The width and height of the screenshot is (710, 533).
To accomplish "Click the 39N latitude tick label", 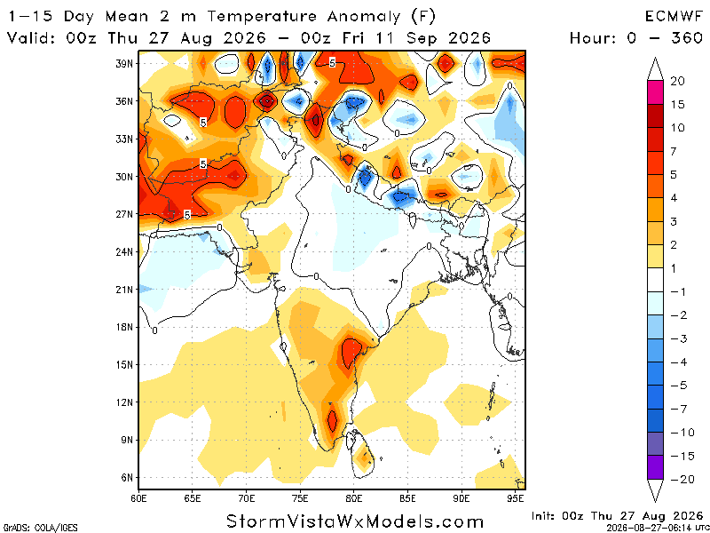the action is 123,63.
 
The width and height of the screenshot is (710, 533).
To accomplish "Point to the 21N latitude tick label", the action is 123,290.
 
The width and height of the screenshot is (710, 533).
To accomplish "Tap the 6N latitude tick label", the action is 126,478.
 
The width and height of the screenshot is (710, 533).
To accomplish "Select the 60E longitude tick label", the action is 138,499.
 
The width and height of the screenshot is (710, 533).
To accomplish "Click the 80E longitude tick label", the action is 354,499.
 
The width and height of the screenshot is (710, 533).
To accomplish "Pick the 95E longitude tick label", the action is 516,499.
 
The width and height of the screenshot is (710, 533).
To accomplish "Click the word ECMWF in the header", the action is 674,17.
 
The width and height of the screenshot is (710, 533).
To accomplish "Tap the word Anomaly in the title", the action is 364,18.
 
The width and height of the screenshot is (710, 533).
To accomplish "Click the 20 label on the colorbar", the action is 677,81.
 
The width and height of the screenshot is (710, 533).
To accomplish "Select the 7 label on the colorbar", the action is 674,151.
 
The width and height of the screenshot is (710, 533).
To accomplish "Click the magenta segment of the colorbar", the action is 655,92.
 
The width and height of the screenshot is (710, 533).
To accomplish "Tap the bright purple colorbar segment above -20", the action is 655,467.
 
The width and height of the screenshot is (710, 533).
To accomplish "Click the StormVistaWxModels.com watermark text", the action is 355,521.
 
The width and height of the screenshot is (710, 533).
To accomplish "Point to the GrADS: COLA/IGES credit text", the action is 40,528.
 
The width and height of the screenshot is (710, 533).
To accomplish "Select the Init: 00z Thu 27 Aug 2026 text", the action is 617,516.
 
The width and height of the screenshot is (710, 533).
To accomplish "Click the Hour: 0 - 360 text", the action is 636,37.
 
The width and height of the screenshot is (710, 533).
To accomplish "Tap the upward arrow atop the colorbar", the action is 655,69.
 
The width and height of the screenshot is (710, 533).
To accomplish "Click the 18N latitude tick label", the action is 123,327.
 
